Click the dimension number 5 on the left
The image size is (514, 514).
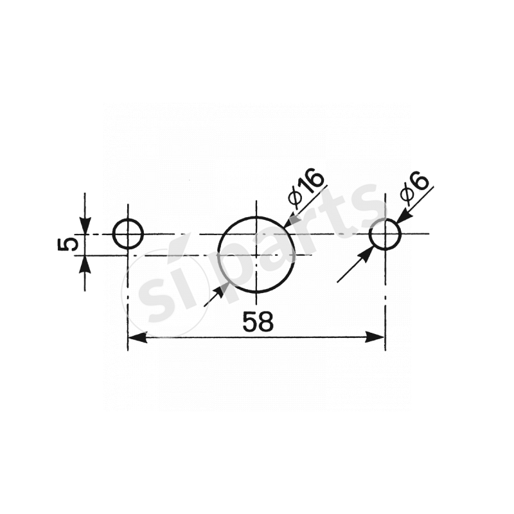[68, 244]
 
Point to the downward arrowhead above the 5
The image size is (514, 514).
[85, 226]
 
